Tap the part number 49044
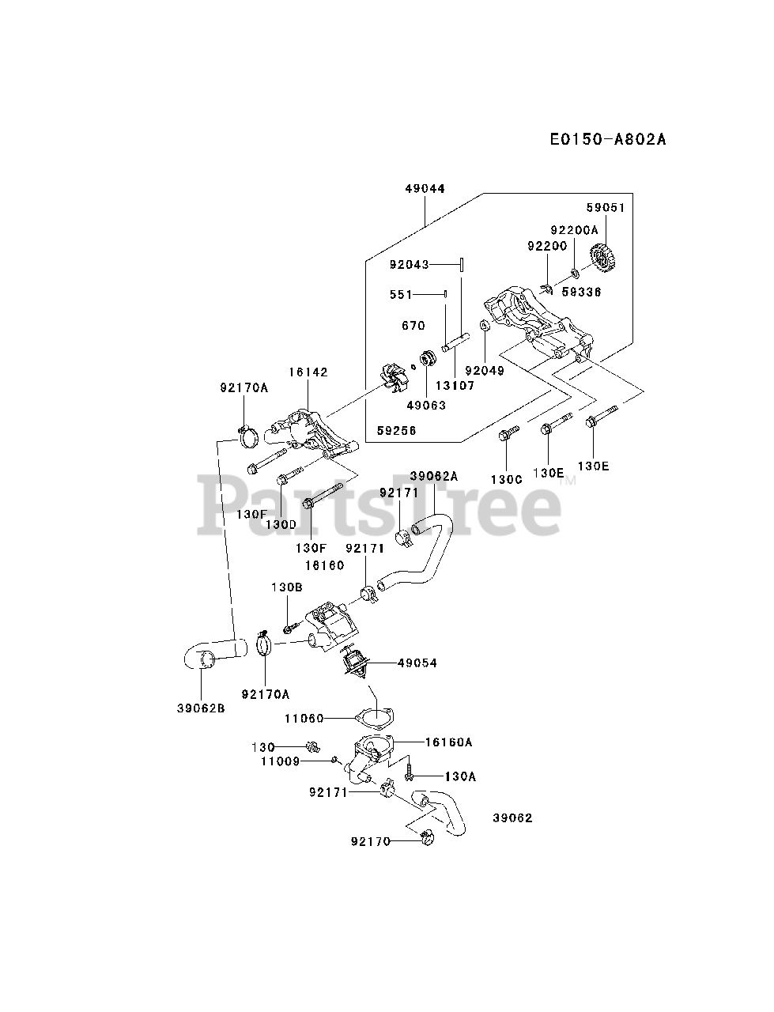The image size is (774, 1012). point(425,189)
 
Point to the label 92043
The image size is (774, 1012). point(409,264)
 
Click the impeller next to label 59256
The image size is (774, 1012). point(395,378)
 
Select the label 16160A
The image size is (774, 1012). point(448,742)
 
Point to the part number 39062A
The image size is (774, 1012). point(434,476)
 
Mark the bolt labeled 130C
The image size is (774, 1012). point(506,435)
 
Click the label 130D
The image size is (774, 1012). point(281,523)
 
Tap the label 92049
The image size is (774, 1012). point(485,370)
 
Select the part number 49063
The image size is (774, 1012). point(427,405)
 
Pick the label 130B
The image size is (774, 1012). point(286,587)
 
